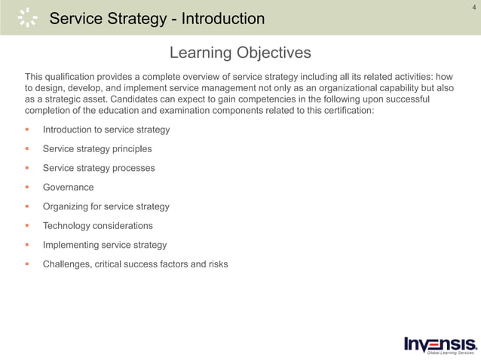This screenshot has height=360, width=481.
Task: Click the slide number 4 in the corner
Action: click(473, 8)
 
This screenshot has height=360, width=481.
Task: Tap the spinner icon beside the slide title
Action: click(28, 17)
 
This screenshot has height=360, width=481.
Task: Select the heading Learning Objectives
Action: click(240, 53)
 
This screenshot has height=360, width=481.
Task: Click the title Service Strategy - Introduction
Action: click(157, 18)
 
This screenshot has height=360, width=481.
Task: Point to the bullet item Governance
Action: click(68, 187)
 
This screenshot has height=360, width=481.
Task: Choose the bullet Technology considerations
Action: click(97, 225)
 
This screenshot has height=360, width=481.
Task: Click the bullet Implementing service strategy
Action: click(105, 245)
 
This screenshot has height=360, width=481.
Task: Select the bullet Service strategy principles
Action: click(97, 148)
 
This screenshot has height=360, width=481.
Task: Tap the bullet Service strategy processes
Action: click(99, 168)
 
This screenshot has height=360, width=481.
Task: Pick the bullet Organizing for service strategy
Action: click(106, 206)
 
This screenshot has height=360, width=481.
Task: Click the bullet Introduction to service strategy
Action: click(106, 130)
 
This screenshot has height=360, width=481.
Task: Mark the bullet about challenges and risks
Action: click(135, 264)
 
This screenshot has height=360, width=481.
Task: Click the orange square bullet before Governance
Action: click(28, 188)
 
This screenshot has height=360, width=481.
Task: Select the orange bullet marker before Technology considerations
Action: click(28, 226)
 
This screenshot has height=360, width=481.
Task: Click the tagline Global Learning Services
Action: click(450, 352)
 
